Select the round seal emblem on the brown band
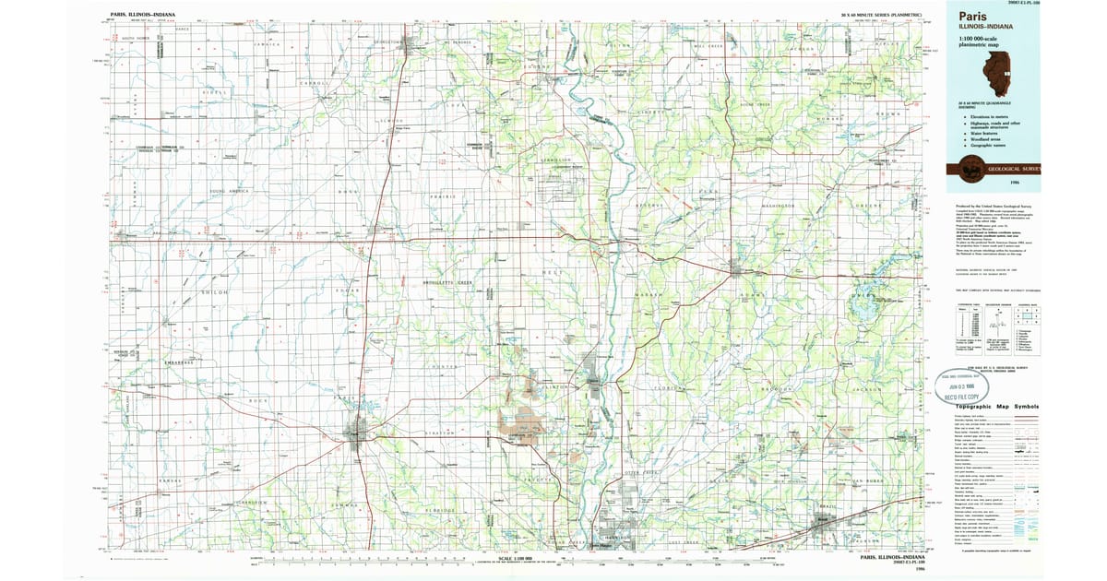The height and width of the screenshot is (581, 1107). point(970,167)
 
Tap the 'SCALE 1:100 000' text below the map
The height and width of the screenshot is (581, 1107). point(516,557)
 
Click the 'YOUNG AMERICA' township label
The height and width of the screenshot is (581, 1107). point(229,191)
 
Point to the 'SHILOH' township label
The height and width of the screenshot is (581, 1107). point(214,292)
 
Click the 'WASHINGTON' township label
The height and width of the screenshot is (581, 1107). point(778,205)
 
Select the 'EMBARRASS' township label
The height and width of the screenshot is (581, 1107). point(178,362)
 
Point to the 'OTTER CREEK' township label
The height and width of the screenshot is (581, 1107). point(643,471)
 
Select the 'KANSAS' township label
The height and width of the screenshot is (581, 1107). point(171,481)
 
